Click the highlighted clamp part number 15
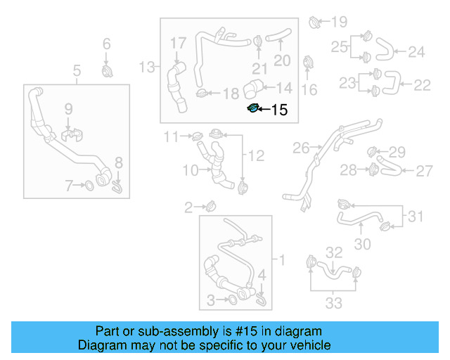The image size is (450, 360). [253, 108]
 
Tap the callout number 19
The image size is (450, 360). [340, 21]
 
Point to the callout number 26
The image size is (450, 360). [300, 148]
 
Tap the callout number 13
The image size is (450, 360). [147, 67]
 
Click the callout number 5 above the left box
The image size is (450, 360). [77, 70]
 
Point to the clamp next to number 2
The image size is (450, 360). [210, 206]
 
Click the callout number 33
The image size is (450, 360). [333, 303]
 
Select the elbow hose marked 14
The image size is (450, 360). [253, 89]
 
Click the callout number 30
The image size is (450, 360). [361, 244]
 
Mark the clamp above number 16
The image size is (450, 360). [307, 63]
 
